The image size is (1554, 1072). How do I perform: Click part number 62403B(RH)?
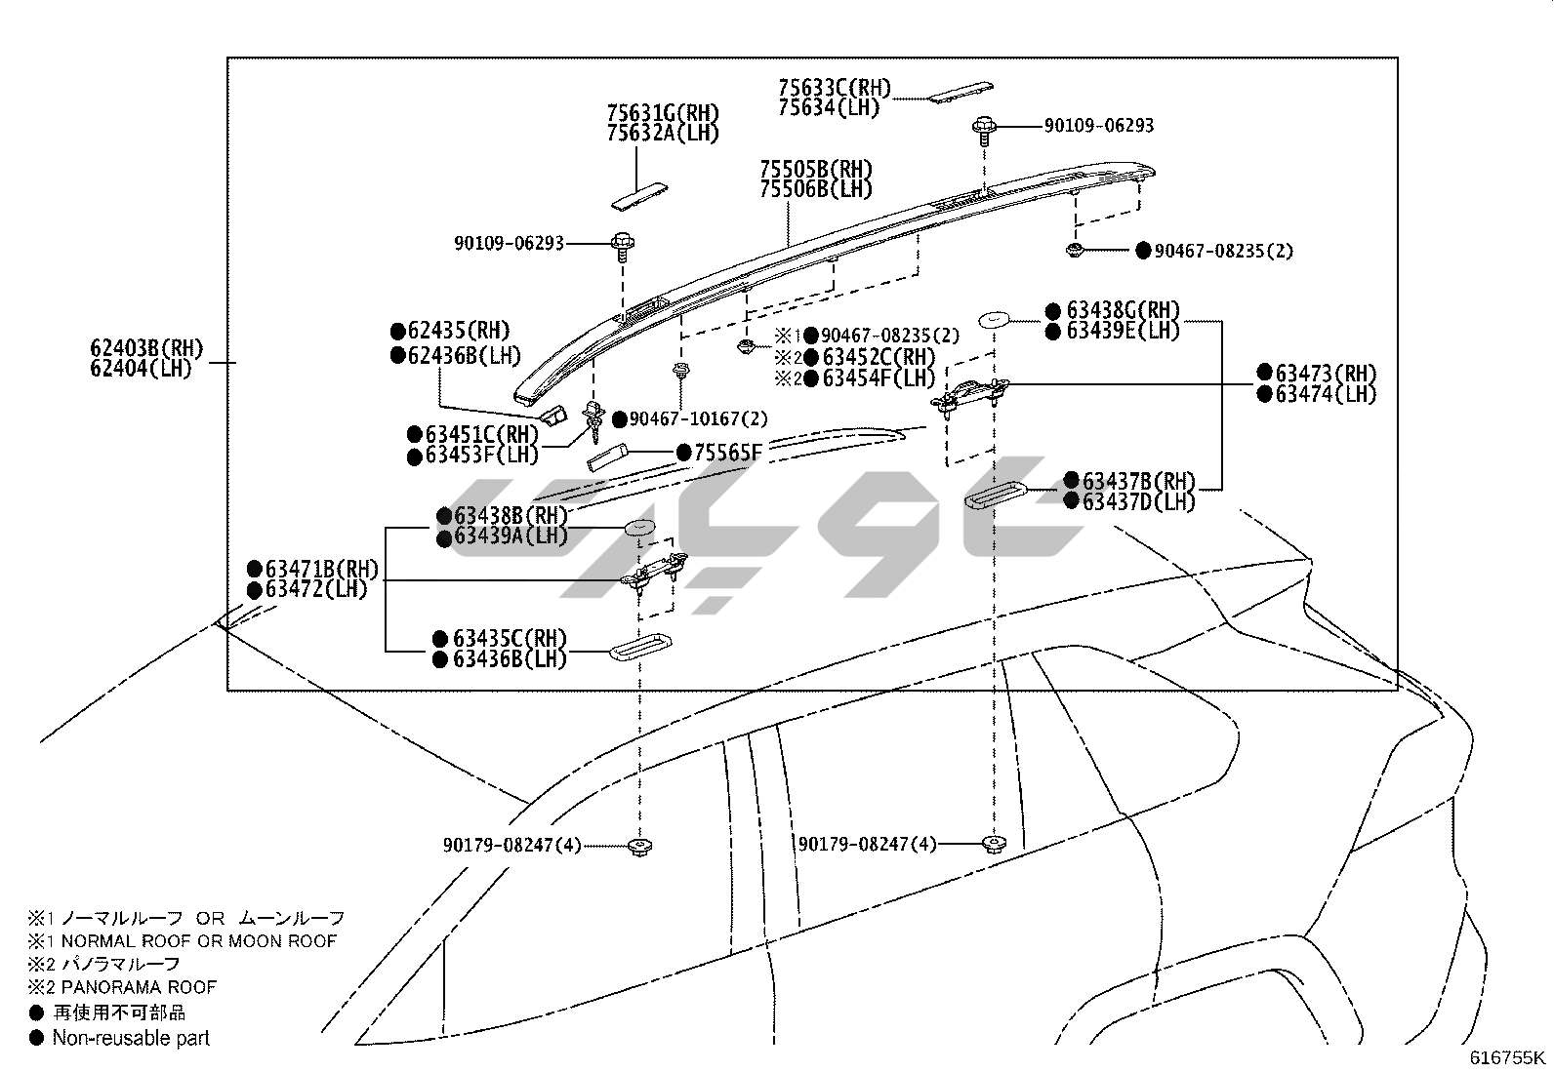(145, 348)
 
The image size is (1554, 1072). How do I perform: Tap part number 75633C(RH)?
(835, 88)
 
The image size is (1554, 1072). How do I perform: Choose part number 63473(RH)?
(1325, 373)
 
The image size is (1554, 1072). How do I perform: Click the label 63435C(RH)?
(509, 639)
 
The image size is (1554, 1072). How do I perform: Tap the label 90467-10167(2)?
(698, 419)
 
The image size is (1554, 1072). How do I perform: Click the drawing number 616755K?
(1508, 1057)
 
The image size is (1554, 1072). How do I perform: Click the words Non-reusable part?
(131, 1038)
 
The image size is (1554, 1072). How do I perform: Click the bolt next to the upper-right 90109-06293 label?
(982, 127)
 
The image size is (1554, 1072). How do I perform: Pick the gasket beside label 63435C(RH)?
(638, 650)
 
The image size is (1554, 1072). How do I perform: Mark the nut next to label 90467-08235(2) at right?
(1074, 252)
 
